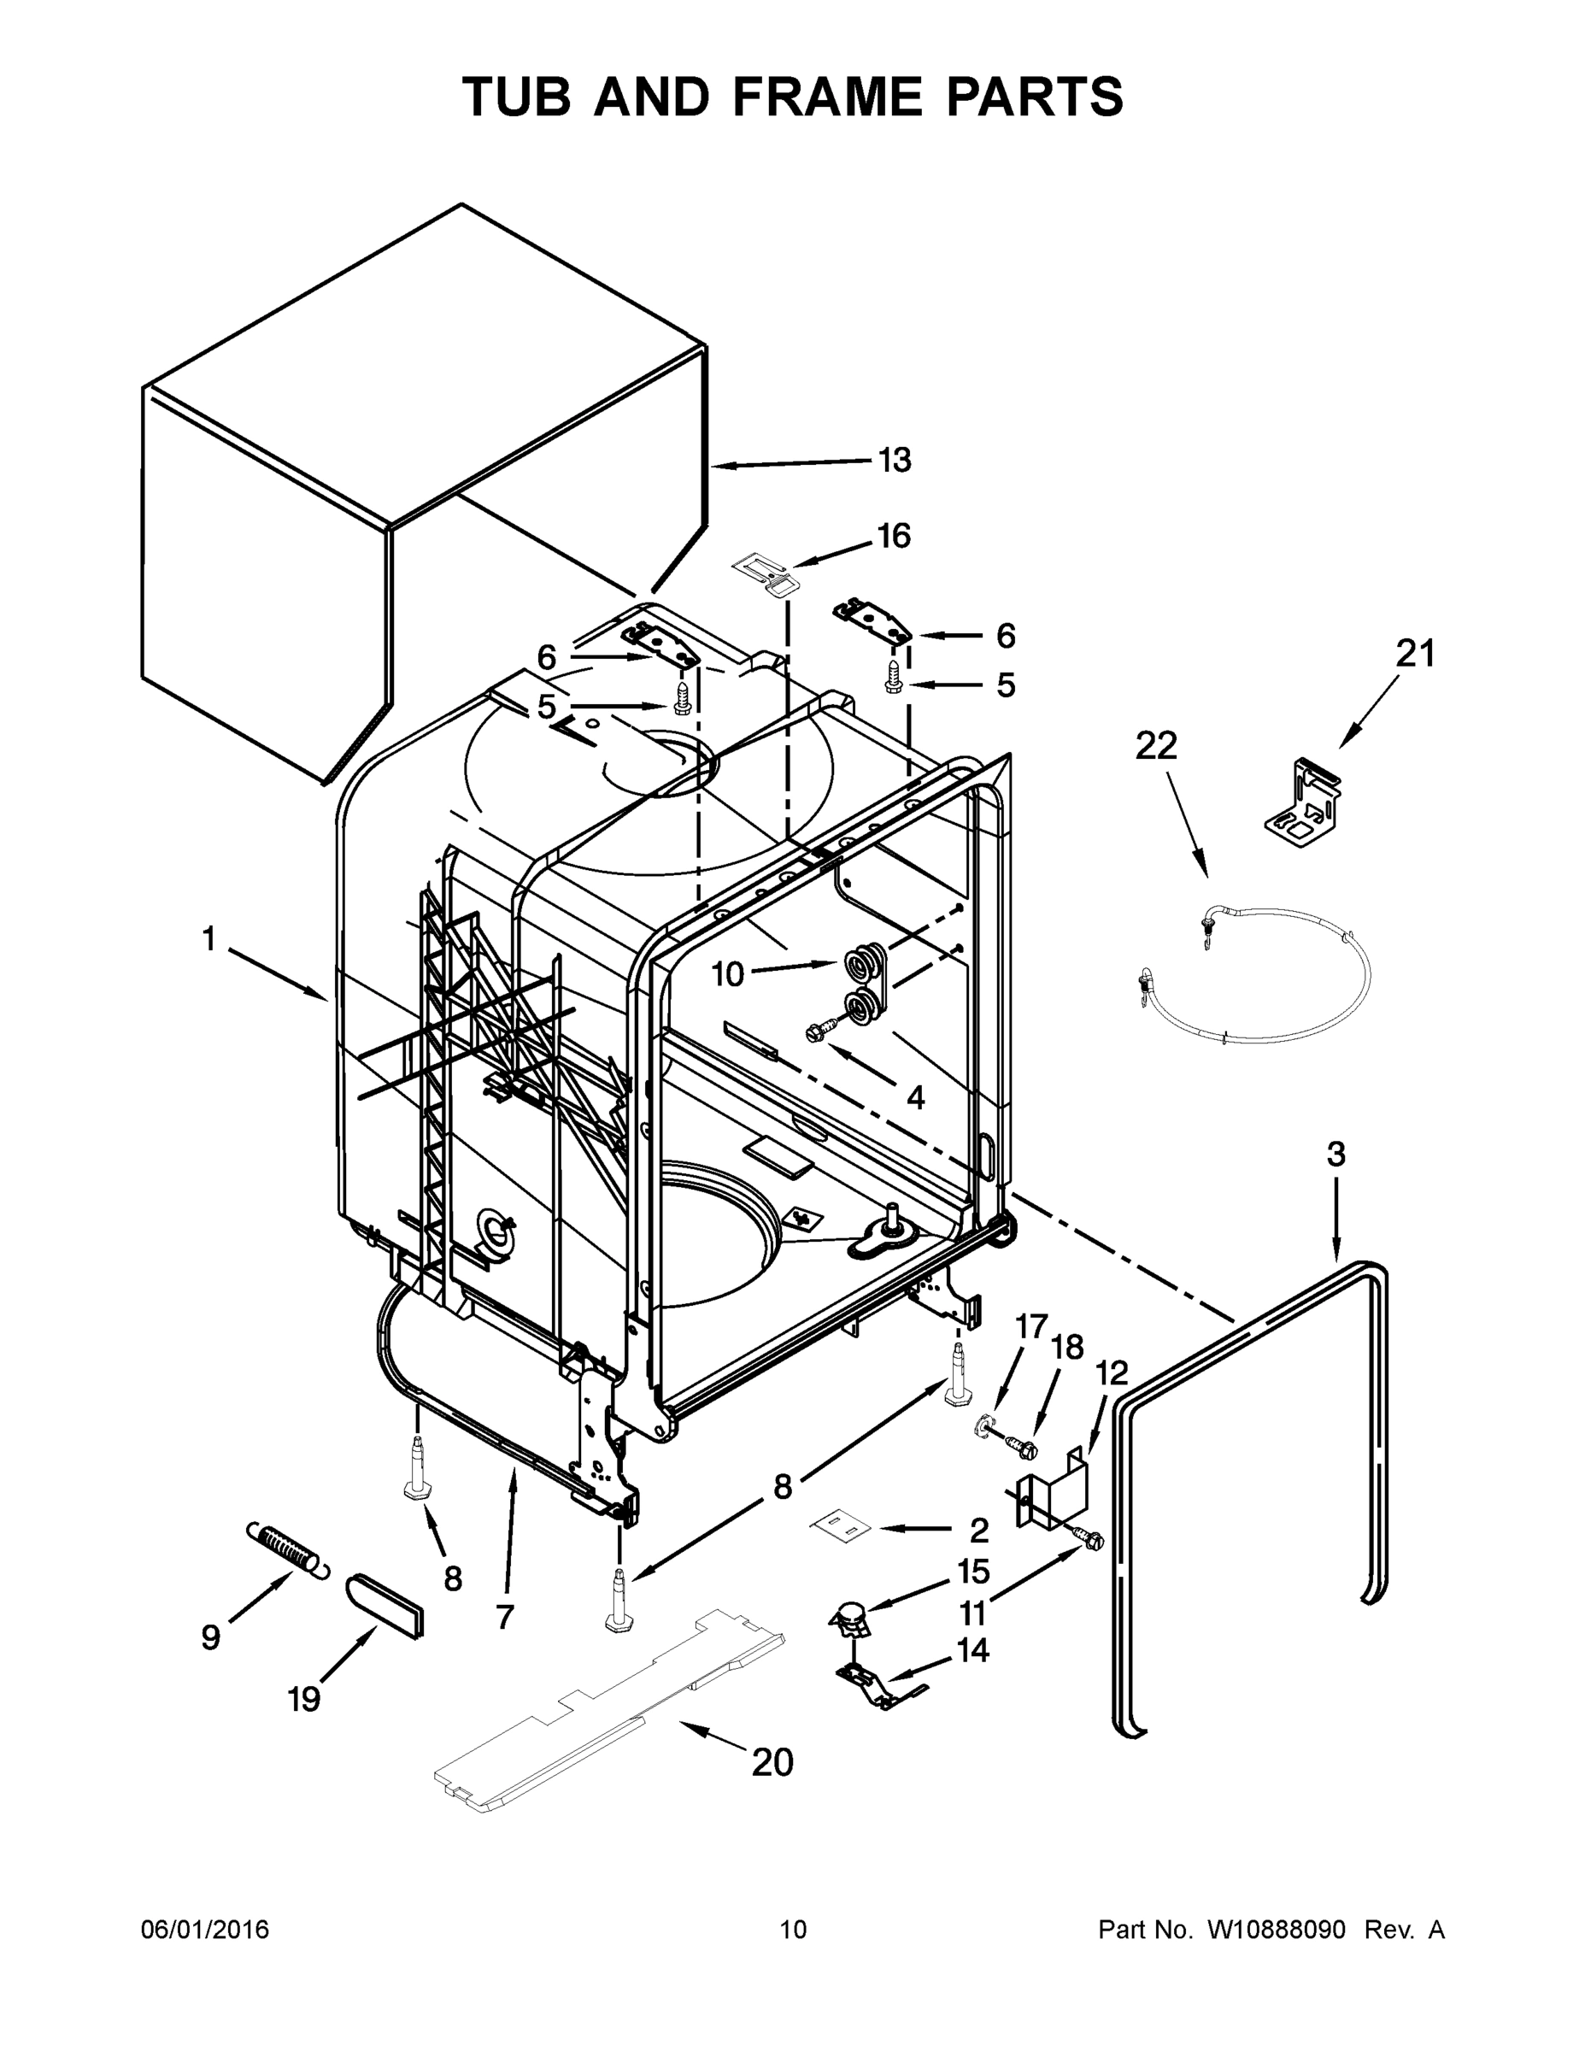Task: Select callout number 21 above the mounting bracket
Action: (x=1415, y=654)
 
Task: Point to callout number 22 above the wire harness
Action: (x=1155, y=746)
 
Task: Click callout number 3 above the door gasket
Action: (x=1336, y=1155)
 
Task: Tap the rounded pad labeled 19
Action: (x=386, y=1605)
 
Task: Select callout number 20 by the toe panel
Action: (x=772, y=1763)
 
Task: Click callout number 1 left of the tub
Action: (x=208, y=937)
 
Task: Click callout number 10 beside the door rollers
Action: (x=728, y=975)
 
